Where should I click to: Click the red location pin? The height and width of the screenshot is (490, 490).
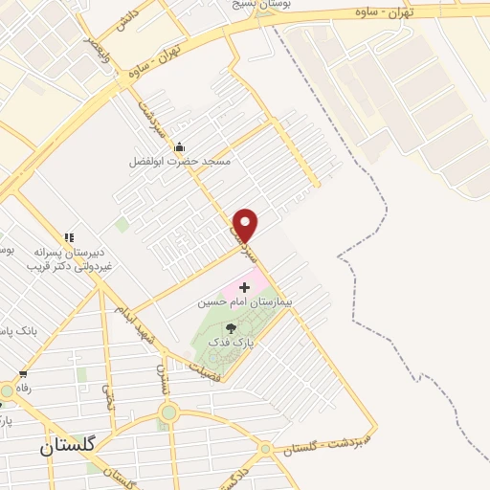[x=246, y=224]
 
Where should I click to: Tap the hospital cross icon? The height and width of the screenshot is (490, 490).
[x=245, y=286]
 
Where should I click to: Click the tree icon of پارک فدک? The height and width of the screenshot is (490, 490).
[x=231, y=327]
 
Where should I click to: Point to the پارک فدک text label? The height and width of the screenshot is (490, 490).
[x=231, y=342]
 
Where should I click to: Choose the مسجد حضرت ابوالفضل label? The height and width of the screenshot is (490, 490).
[x=180, y=162]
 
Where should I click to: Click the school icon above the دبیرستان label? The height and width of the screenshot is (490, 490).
[x=69, y=236]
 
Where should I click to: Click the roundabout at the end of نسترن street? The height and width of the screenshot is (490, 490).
[x=169, y=412]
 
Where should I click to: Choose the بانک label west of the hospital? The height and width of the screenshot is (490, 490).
[x=18, y=330]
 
